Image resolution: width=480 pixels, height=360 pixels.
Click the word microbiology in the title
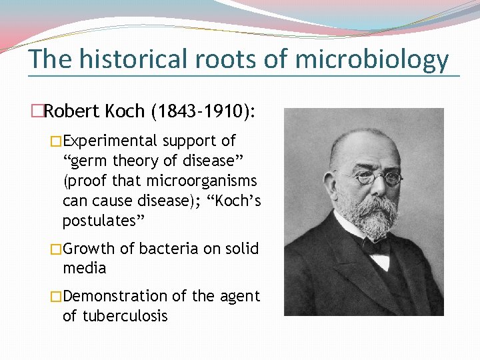pyautogui.click(x=371, y=60)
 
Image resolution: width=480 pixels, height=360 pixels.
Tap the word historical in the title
pyautogui.click(x=134, y=60)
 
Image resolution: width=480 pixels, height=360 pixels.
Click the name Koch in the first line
pyautogui.click(x=124, y=111)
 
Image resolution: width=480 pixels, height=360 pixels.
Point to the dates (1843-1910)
pyautogui.click(x=203, y=111)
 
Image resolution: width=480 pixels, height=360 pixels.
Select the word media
pyautogui.click(x=84, y=269)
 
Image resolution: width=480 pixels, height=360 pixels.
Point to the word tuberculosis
pyautogui.click(x=125, y=316)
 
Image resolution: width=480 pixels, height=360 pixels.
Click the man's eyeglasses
pyautogui.click(x=377, y=177)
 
